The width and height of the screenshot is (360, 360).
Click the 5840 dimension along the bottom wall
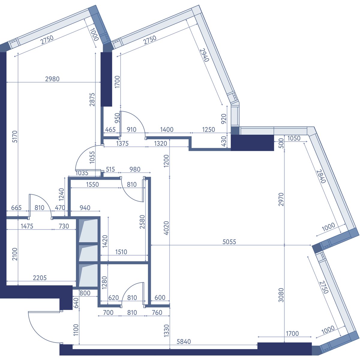point(184,341)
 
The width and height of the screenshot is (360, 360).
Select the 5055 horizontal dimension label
point(229,242)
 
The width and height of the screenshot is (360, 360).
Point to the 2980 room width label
point(52,79)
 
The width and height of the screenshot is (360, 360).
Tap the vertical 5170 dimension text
point(15,136)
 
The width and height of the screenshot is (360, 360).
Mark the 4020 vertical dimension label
point(166,228)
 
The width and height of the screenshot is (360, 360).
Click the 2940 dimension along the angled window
point(204,55)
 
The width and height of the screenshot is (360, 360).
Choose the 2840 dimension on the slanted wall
point(321,176)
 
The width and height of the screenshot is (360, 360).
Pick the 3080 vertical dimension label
point(281,295)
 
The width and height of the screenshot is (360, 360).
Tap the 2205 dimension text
point(40,278)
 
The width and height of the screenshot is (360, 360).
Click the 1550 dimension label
point(92,184)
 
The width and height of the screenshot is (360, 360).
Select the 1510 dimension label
point(121,252)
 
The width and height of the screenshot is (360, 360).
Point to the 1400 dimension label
point(167,130)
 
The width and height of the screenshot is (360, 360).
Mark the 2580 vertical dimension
point(142,222)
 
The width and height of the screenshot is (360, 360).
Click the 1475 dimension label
point(27,226)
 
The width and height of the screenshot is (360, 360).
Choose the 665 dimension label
point(16,208)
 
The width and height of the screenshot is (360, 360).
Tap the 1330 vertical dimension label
point(166,331)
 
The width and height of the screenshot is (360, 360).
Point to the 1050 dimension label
point(294,138)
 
